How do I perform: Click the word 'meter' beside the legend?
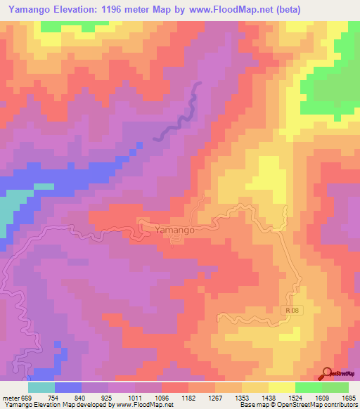point(9,397)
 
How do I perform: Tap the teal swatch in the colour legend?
point(41,387)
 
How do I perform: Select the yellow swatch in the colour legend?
point(281,387)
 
